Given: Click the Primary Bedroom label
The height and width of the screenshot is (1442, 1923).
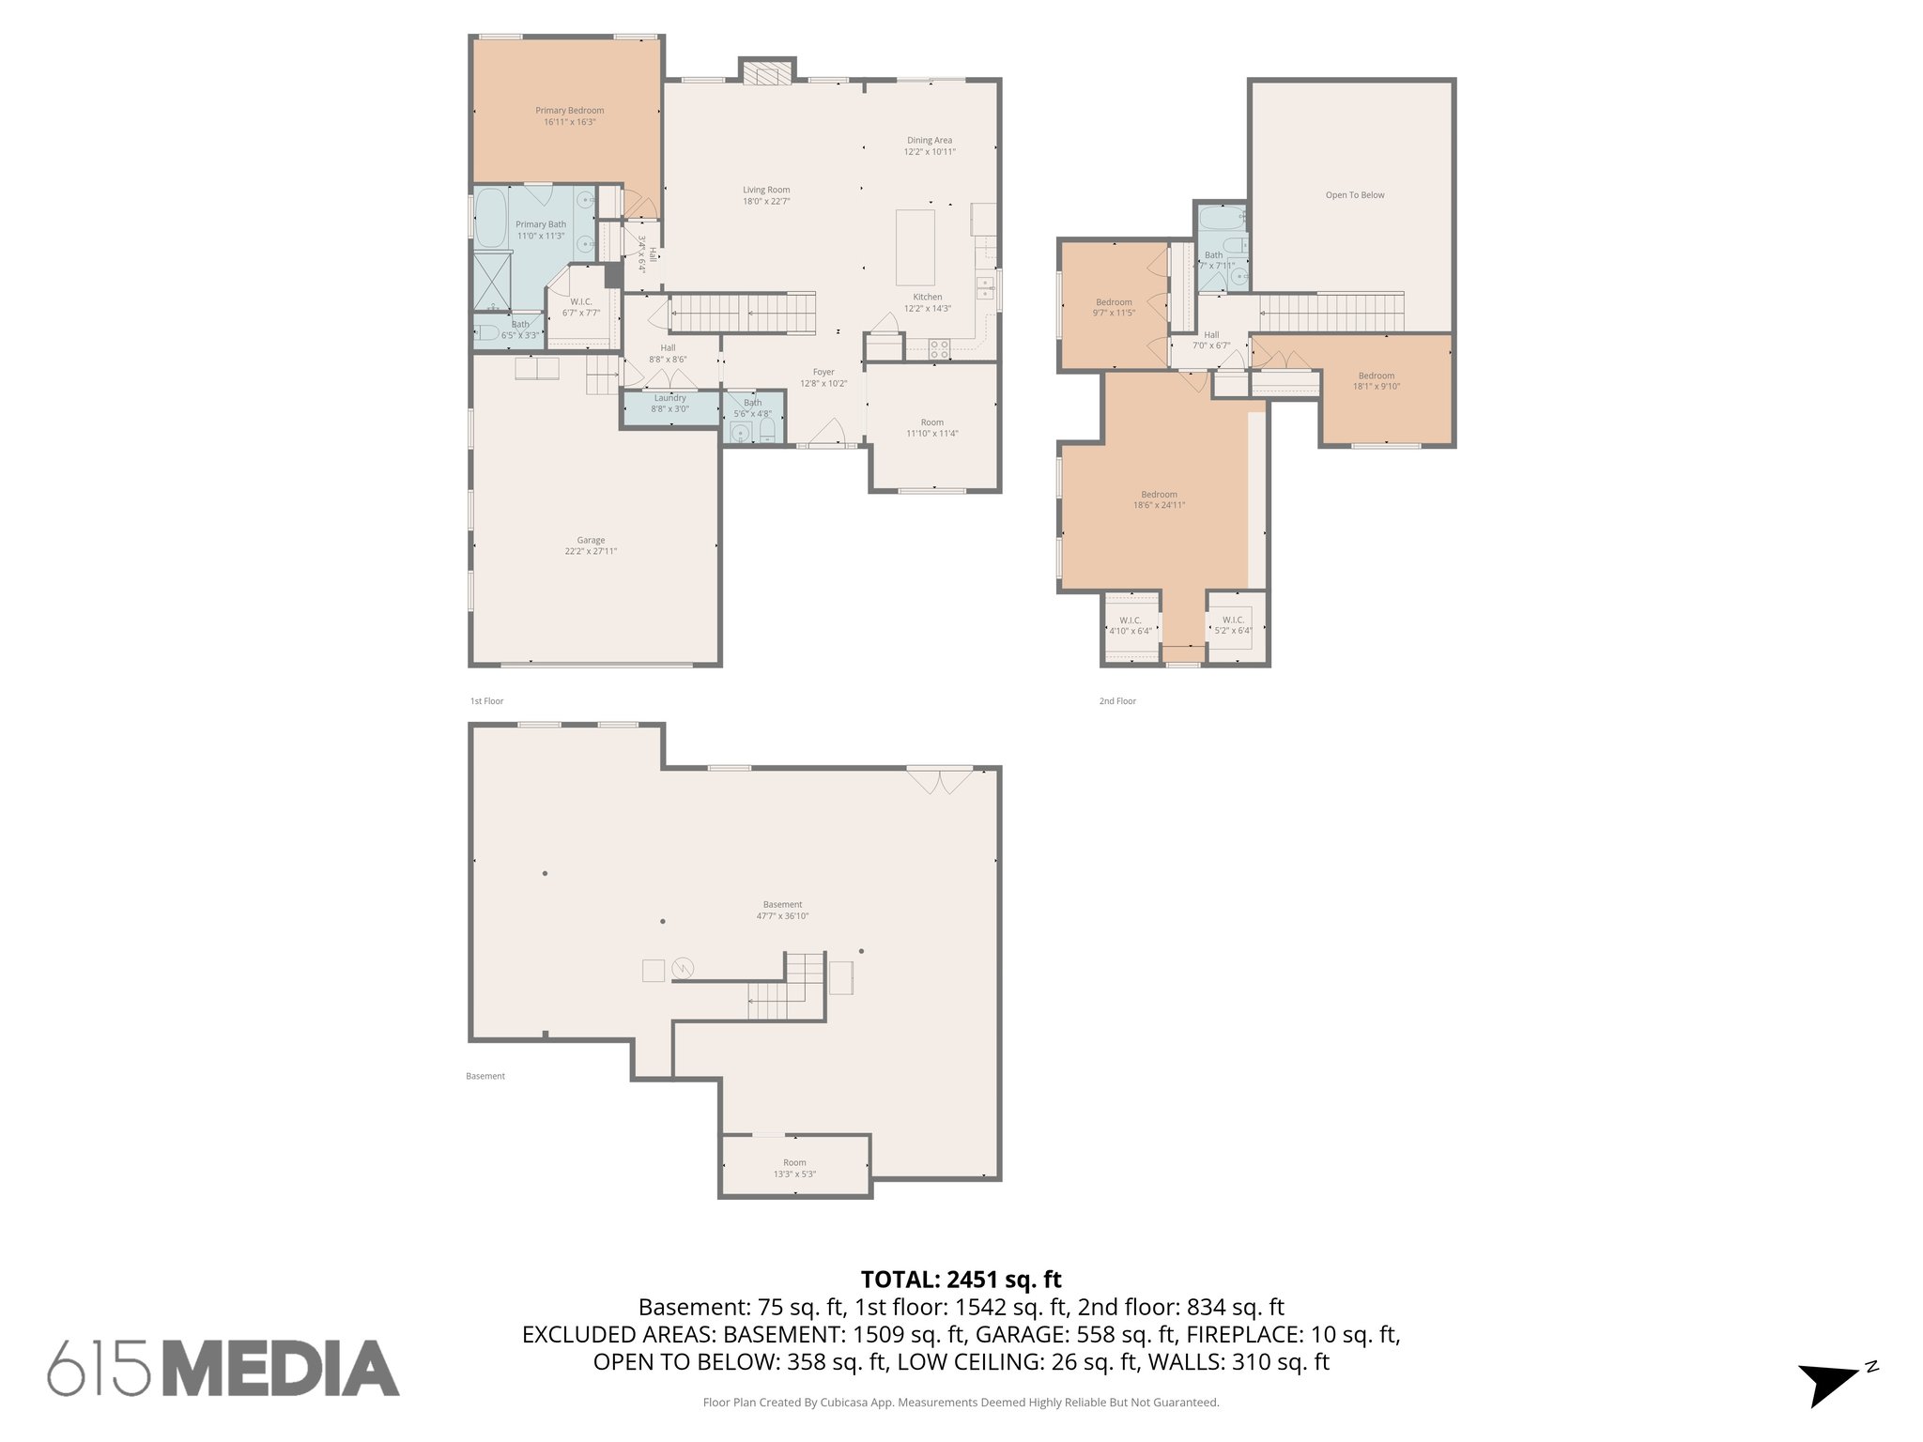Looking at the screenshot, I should [x=569, y=111].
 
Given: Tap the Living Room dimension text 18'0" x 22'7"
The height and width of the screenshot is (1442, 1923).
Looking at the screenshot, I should [x=766, y=201].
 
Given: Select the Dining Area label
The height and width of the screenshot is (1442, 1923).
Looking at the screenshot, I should [x=929, y=141].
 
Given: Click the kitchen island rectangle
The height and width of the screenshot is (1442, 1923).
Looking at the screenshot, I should [x=915, y=247].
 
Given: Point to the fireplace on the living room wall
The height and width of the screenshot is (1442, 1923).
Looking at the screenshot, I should [x=766, y=72].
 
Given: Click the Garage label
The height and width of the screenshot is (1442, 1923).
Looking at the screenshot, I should [x=591, y=541].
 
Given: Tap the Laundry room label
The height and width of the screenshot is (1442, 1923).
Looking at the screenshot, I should [x=669, y=398].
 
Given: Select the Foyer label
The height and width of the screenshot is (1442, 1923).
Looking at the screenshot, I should [x=823, y=373].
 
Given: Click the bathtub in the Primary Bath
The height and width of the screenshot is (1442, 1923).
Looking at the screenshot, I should [x=489, y=218].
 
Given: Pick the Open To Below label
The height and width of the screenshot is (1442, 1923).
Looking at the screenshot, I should [x=1354, y=195].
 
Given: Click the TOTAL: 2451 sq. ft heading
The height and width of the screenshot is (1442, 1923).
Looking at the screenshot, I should [x=961, y=1279].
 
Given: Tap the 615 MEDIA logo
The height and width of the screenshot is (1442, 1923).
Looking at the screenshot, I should [x=223, y=1367].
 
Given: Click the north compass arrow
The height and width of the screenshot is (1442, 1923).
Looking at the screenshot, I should [x=1826, y=1383].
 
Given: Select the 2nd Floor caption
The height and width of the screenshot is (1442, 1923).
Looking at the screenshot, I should [x=1117, y=701].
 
